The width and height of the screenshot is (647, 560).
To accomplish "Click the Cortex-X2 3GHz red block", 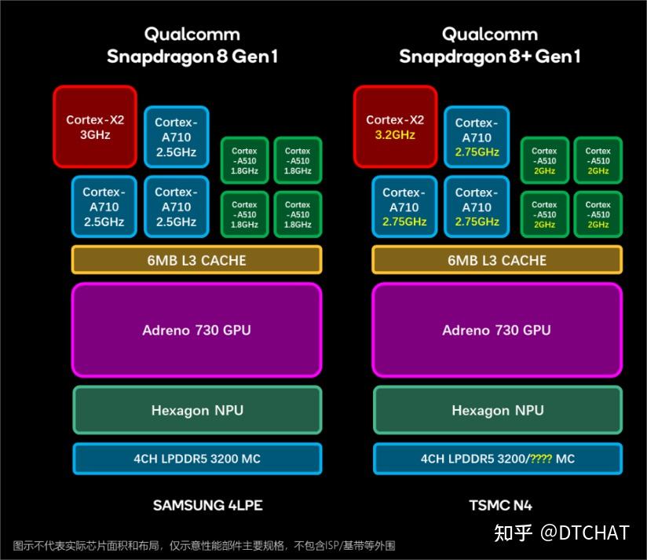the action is [95, 126].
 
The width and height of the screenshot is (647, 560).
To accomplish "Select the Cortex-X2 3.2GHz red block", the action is [395, 126].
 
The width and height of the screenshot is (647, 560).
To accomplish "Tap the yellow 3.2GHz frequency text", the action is [395, 135].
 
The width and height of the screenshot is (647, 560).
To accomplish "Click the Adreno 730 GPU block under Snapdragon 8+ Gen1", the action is [497, 330].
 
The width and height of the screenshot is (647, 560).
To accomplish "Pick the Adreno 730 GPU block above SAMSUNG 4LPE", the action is [196, 330].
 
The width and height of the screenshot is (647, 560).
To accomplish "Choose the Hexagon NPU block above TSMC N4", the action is [498, 410].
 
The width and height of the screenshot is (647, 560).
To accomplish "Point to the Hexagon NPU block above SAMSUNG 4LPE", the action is [197, 410].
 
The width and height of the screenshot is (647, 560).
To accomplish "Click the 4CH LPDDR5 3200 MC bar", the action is [197, 459].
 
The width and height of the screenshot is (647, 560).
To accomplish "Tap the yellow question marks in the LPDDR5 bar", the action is [540, 459].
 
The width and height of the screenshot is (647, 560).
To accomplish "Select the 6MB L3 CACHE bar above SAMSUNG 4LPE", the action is [196, 260].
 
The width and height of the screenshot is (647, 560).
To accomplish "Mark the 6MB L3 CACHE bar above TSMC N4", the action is [497, 260].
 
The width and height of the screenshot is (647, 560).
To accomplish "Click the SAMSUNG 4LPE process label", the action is [207, 506].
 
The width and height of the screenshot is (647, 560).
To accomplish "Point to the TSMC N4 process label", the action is [500, 506].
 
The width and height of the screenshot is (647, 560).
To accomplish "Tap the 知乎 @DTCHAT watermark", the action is [561, 533].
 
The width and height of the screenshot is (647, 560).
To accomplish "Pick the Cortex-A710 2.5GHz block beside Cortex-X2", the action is [176, 137].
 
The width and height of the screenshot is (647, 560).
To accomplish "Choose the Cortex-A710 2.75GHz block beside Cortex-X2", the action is [477, 137].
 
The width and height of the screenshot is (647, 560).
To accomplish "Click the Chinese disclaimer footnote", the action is [204, 546].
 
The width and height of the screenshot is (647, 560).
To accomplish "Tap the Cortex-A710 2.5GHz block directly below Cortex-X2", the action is [104, 207].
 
